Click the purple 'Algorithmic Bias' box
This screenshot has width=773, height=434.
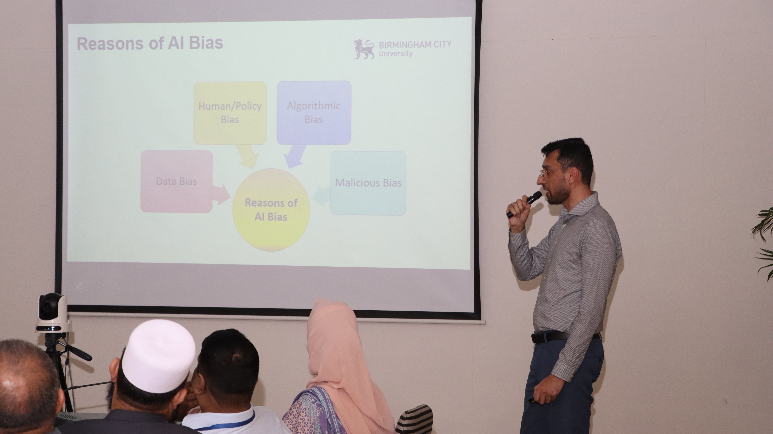[314, 112]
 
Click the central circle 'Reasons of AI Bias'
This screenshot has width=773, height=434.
[271, 210]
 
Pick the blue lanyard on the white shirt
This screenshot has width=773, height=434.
[228, 422]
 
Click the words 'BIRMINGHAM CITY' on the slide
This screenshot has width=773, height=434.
[415, 45]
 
